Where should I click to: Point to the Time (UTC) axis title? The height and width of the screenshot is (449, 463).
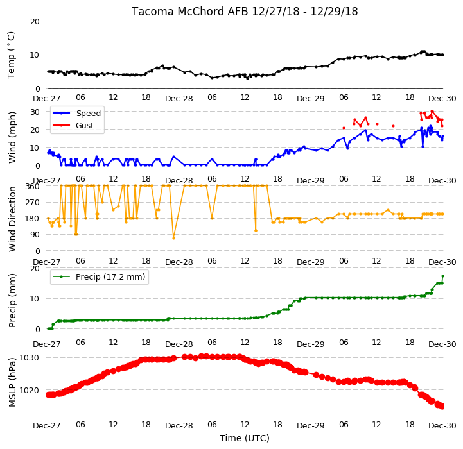245,438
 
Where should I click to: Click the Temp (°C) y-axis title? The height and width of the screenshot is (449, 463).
11,55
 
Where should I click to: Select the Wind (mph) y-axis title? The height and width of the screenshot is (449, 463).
12,137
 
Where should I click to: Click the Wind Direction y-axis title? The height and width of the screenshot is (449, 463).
12,219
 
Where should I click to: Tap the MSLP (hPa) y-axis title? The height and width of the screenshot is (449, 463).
12,382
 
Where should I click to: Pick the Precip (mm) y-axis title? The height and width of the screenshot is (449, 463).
12,301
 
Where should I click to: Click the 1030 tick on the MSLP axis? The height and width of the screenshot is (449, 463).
30,358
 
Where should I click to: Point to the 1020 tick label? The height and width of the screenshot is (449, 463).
30,390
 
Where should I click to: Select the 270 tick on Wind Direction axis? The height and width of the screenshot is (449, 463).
33,203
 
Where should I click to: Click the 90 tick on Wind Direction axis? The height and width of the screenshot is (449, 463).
35,235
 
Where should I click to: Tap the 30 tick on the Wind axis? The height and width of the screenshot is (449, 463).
35,112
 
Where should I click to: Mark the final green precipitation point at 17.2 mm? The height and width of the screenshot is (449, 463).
442,276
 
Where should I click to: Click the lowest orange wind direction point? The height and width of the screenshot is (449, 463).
173,238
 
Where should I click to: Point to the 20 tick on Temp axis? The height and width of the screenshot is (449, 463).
35,21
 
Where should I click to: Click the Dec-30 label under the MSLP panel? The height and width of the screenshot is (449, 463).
442,426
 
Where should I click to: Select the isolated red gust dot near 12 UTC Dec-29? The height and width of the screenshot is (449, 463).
377,124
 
